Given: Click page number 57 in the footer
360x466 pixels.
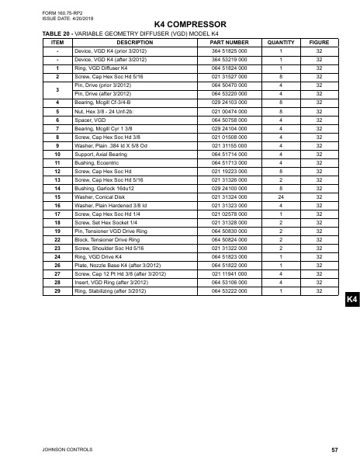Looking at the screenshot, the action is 334,450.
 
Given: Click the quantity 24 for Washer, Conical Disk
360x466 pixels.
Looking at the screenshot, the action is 280,196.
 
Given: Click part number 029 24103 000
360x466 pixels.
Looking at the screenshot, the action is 230,103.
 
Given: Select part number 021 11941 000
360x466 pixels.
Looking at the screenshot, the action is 230,273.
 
